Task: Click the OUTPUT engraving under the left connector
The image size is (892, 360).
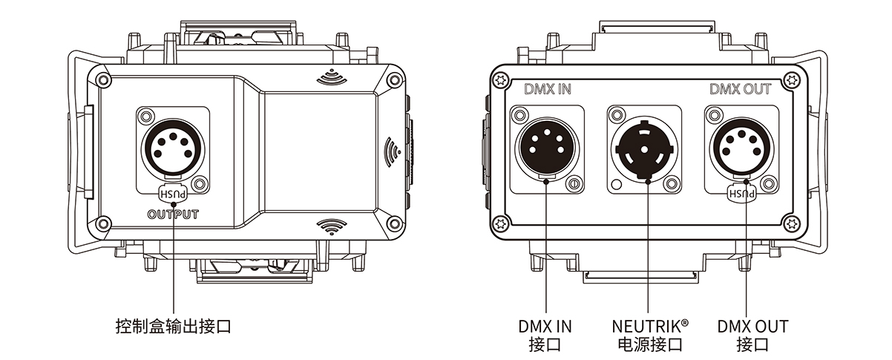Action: coord(173,215)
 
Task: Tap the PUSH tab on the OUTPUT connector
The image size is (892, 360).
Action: coord(173,194)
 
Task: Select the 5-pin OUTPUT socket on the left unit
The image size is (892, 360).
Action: coord(173,148)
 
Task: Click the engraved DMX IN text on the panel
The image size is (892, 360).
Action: coord(548,89)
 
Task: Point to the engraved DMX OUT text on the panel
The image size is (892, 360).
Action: coord(741,89)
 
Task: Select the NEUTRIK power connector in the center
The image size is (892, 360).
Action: coord(644,148)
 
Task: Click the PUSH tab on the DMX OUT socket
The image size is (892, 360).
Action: coord(741,193)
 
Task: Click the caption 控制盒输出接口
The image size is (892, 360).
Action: coord(173,326)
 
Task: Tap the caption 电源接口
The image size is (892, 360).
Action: coord(650,344)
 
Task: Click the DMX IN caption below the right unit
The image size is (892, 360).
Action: coord(545,326)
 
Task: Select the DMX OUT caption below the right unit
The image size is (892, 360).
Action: coord(752,326)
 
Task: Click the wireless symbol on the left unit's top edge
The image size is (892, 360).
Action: coord(332,77)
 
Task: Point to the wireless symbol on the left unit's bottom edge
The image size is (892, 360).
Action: coord(332,226)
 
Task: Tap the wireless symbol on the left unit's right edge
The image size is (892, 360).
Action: coord(393,151)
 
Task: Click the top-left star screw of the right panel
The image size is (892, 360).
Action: coord(501,80)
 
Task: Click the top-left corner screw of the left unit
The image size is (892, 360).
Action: coord(104,80)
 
